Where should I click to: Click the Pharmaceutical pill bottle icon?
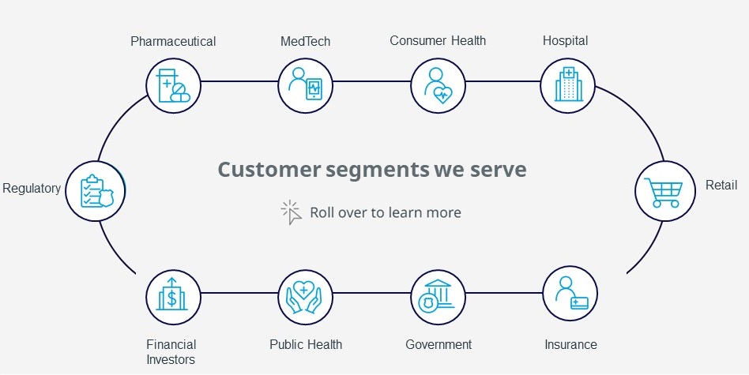173,86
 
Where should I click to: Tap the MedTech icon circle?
306,86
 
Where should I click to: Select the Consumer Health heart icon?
438,86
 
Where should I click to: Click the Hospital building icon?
567,86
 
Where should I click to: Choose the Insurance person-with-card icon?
570,293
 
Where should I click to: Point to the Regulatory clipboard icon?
95,191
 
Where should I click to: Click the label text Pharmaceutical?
173,42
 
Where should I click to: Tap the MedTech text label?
305,42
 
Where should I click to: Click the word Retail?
721,185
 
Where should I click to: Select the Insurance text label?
570,344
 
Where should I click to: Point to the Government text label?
438,344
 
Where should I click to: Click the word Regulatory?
32,189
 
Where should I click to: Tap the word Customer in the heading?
269,170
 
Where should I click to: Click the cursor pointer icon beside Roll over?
292,212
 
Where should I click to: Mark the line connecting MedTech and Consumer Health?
372,81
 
